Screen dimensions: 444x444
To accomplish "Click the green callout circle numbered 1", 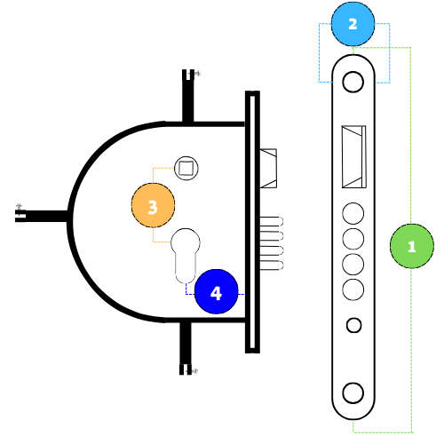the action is click(x=412, y=246).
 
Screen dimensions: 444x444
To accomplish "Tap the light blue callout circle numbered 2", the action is click(x=353, y=24).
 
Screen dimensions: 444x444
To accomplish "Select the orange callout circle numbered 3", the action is click(x=153, y=205).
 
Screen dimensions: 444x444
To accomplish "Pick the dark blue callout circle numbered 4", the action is click(x=217, y=291).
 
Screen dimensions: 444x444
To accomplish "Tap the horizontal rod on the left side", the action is click(x=42, y=216).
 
